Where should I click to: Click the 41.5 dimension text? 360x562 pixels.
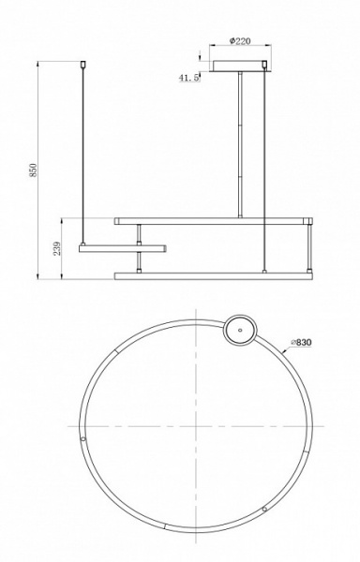pyautogui.click(x=189, y=79)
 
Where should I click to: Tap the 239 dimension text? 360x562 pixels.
pyautogui.click(x=58, y=248)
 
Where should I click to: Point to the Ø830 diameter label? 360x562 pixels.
pyautogui.click(x=301, y=344)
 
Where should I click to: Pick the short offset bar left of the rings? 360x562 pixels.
pyautogui.click(x=123, y=248)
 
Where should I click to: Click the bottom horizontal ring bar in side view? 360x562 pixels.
pyautogui.click(x=214, y=276)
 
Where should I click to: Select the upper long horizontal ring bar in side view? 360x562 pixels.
pyautogui.click(x=214, y=221)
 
